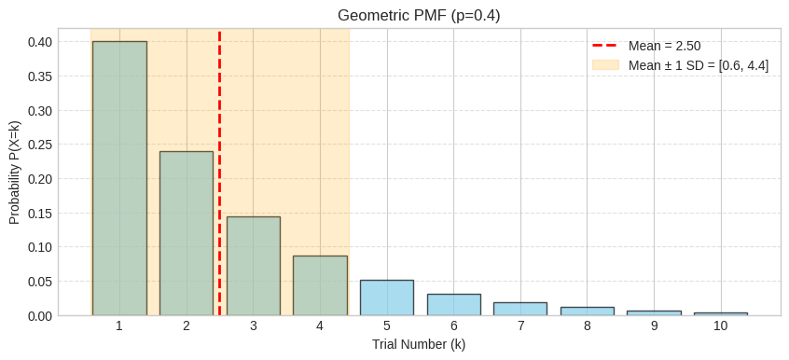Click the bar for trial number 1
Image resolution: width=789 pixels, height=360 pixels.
pyautogui.click(x=119, y=178)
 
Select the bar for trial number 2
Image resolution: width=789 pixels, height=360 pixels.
pyautogui.click(x=187, y=233)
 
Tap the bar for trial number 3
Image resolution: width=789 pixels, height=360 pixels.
pyautogui.click(x=253, y=266)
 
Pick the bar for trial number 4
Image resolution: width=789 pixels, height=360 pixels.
pyautogui.click(x=320, y=285)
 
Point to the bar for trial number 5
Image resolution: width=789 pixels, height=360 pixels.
pyautogui.click(x=387, y=298)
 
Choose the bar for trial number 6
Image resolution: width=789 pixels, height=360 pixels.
pyautogui.click(x=454, y=305)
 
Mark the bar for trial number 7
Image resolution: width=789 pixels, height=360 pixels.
pyautogui.click(x=520, y=309)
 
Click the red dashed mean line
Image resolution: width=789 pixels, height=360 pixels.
pyautogui.click(x=220, y=112)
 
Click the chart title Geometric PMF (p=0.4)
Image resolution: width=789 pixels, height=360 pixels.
pyautogui.click(x=419, y=16)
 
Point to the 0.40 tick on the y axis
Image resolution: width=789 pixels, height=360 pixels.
pyautogui.click(x=40, y=42)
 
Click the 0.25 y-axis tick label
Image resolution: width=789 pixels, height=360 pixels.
pyautogui.click(x=40, y=145)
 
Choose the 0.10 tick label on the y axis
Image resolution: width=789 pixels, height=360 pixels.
pyautogui.click(x=40, y=247)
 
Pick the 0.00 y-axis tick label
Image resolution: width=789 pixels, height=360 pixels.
pyautogui.click(x=40, y=315)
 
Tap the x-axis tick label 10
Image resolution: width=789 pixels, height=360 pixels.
pyautogui.click(x=721, y=326)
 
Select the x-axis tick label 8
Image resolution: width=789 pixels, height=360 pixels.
pyautogui.click(x=588, y=326)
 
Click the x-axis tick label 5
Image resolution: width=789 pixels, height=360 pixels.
pyautogui.click(x=387, y=326)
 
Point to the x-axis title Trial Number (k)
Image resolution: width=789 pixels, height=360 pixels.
pyautogui.click(x=419, y=345)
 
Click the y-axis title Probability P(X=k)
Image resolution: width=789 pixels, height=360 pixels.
pyautogui.click(x=15, y=172)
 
